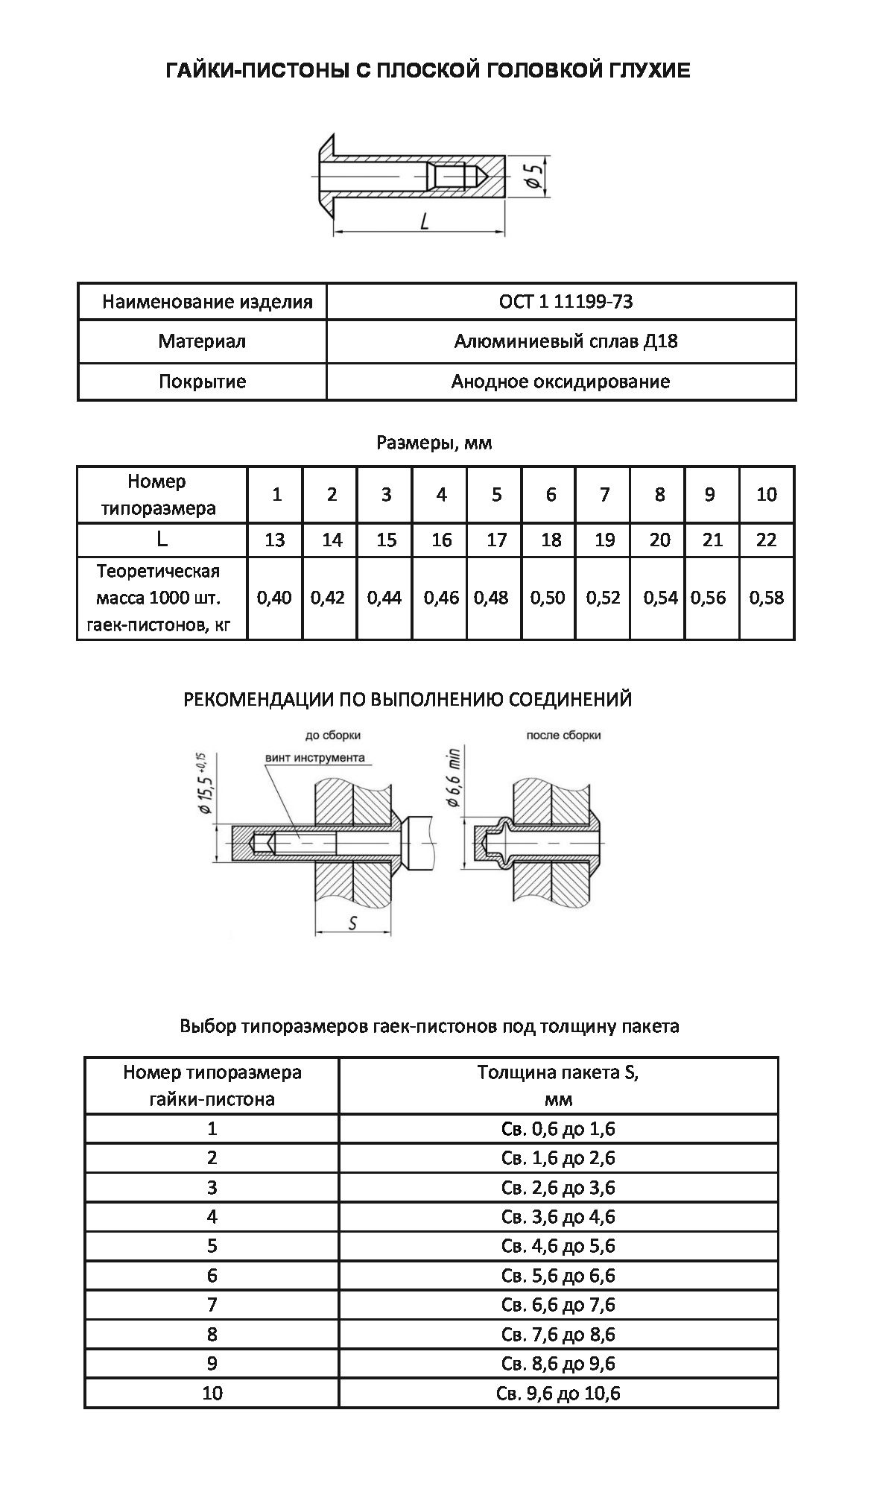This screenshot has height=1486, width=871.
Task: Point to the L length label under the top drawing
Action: [425, 221]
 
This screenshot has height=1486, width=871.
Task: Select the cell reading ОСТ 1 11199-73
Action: [561, 302]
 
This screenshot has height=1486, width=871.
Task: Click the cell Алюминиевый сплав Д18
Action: [561, 341]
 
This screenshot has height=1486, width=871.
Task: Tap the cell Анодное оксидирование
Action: [561, 382]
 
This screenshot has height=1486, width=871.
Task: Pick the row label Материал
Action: [202, 341]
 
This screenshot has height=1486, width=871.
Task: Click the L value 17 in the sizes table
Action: [496, 540]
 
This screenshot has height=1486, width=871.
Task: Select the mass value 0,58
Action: [767, 598]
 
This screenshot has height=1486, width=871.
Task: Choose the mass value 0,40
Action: [274, 598]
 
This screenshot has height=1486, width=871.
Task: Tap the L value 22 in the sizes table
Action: [767, 540]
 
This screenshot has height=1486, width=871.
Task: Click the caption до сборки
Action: [333, 736]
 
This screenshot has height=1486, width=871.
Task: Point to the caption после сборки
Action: [563, 736]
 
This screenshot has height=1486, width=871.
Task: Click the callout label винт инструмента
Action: [315, 758]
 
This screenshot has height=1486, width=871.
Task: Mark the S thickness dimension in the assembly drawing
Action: [353, 923]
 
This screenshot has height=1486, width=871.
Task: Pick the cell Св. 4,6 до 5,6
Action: [558, 1246]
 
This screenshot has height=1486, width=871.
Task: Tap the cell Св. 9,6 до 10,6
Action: [558, 1393]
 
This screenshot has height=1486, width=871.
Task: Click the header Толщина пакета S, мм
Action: [558, 1085]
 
